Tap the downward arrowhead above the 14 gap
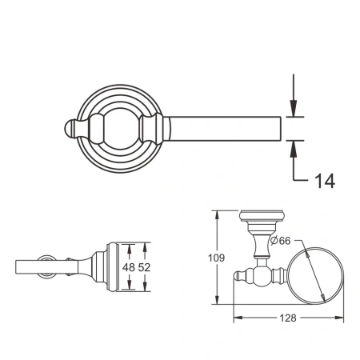294,110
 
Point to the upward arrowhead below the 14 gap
294,146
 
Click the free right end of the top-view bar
280,128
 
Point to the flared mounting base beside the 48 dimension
102,268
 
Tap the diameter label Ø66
280,240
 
